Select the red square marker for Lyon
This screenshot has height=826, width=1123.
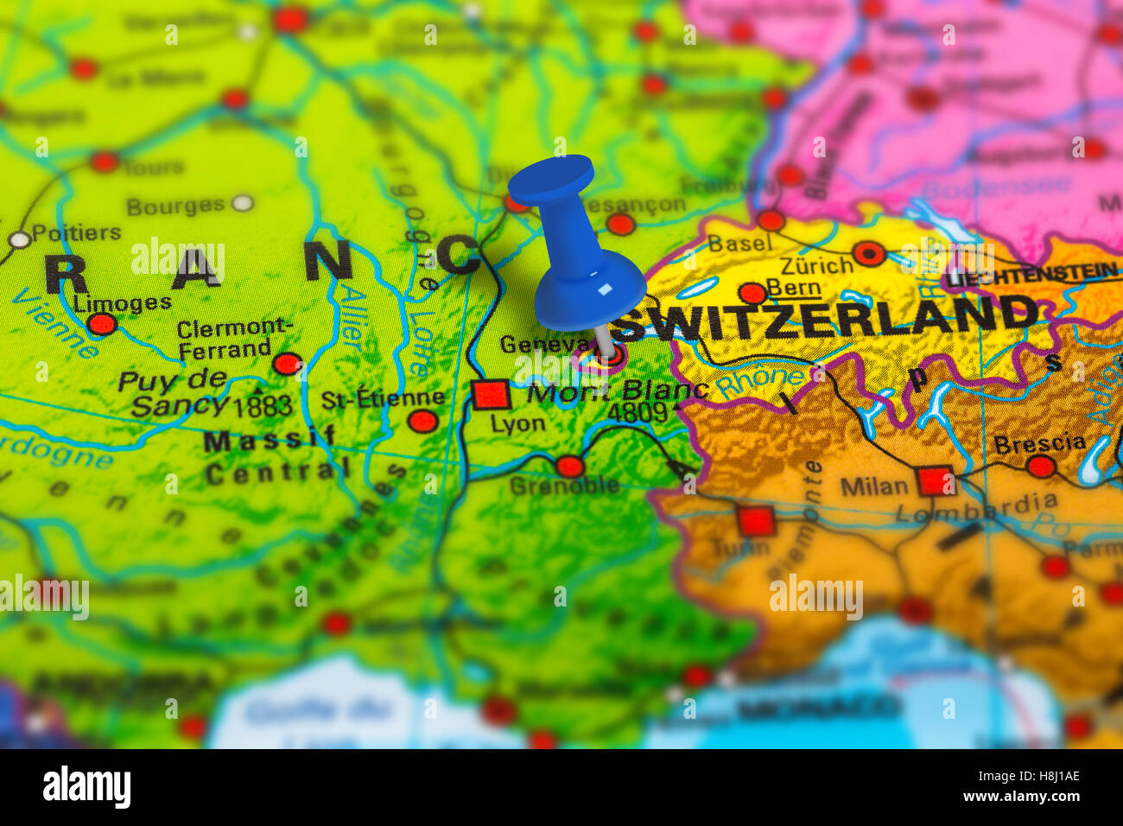(491, 394)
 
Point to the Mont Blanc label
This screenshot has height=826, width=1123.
(617, 391)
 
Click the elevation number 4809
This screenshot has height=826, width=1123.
(637, 413)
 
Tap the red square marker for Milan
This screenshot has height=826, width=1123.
(935, 480)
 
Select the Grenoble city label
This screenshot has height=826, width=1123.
(564, 486)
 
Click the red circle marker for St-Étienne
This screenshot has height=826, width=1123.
(422, 421)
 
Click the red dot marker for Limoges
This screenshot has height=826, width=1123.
(102, 324)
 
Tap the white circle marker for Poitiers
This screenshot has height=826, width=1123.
(18, 239)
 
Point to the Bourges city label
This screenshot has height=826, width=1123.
(175, 206)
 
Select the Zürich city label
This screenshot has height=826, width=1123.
(816, 264)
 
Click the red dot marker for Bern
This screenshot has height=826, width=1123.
(752, 292)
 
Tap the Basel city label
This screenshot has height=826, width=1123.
(739, 244)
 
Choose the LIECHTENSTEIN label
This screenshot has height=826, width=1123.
(1031, 276)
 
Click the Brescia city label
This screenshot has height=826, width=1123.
(1039, 443)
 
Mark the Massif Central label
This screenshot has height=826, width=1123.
(272, 455)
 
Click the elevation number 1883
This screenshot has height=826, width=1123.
(263, 405)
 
